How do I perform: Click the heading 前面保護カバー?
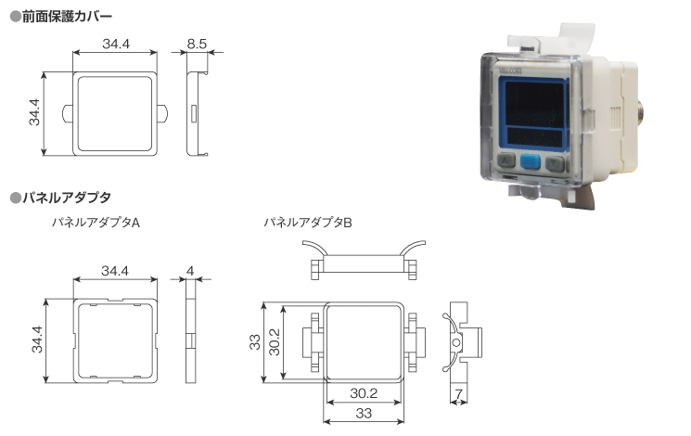(67, 17)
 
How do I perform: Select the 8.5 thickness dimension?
(197, 44)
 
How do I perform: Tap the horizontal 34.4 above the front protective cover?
(116, 44)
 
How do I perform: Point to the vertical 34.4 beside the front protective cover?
(34, 112)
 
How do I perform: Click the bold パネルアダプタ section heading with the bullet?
(67, 198)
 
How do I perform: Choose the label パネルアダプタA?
(96, 223)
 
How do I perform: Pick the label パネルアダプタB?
(308, 223)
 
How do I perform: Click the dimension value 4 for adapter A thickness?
(190, 271)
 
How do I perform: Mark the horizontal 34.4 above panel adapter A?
(115, 271)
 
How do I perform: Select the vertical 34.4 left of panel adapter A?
(37, 340)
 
